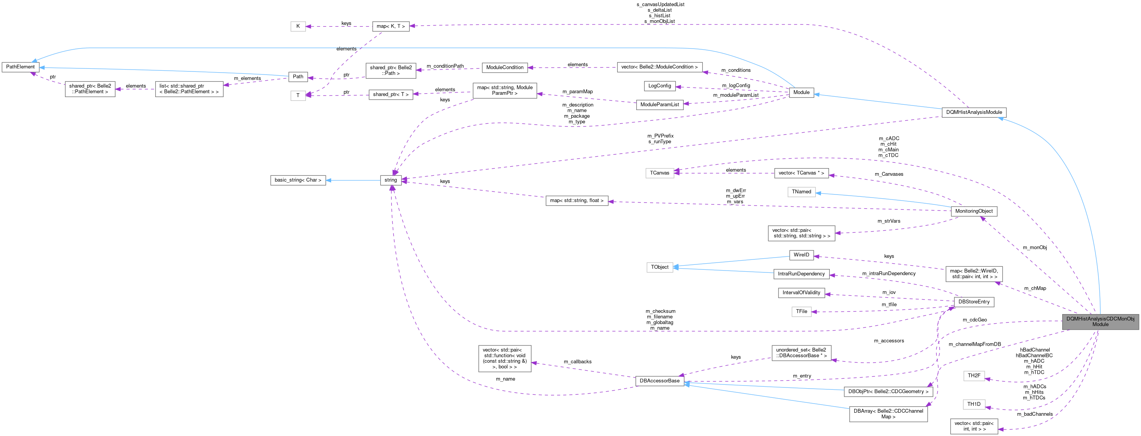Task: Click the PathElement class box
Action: tap(20, 67)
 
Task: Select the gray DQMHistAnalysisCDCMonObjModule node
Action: tap(1100, 321)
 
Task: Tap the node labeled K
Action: tap(298, 26)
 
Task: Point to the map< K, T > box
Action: tap(390, 26)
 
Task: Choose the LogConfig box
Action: tap(660, 86)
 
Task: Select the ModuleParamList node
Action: tap(660, 104)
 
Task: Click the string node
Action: tap(391, 180)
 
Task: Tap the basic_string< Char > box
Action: tap(297, 180)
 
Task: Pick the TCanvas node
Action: tap(660, 173)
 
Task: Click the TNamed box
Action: tap(801, 192)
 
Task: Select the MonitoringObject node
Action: tap(974, 211)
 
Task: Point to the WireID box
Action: tap(801, 254)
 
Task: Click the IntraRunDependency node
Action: tap(801, 274)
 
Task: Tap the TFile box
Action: tap(801, 311)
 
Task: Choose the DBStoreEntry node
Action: tap(974, 302)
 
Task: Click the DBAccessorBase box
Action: tap(660, 381)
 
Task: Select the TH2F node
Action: tap(974, 375)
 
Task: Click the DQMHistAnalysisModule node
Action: tap(974, 112)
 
